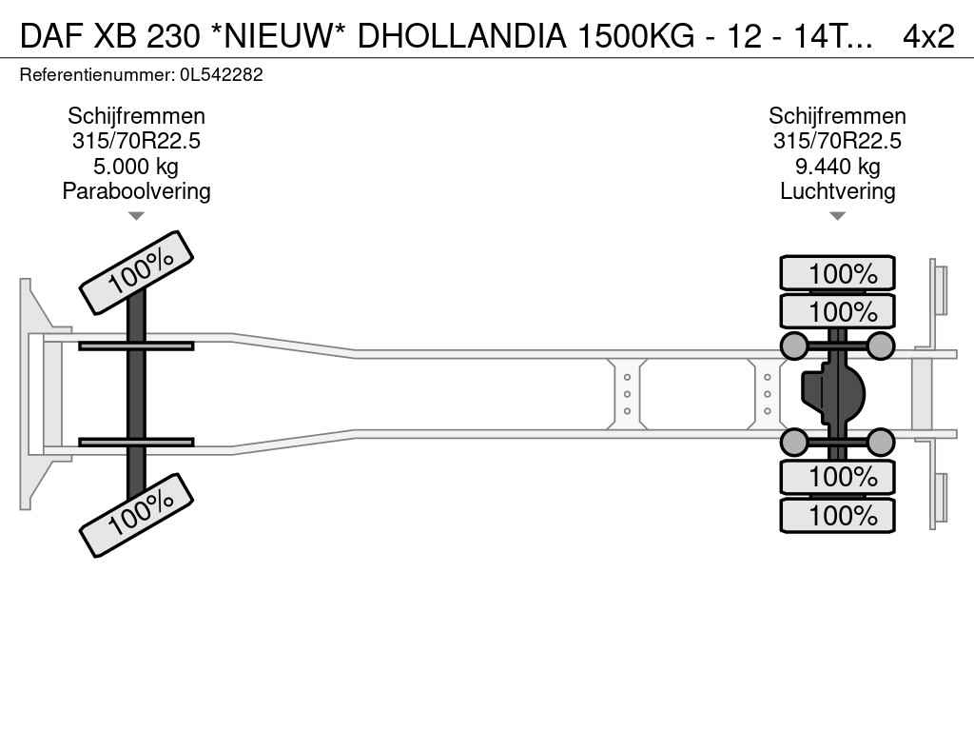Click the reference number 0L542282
tap(221, 75)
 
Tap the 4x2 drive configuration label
tap(928, 36)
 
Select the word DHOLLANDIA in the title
tap(461, 36)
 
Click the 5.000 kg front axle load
tap(136, 167)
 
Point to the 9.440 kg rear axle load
tap(837, 167)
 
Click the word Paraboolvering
tap(136, 191)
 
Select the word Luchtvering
tap(837, 191)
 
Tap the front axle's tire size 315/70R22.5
tap(136, 141)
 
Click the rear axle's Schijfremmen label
tap(837, 116)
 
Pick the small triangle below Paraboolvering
tap(136, 216)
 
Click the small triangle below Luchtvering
tap(837, 216)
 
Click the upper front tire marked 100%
tap(137, 272)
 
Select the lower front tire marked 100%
tap(137, 515)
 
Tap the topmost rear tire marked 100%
tap(837, 273)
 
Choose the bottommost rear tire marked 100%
tap(837, 515)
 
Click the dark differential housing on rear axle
tap(832, 394)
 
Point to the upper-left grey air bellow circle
tap(794, 346)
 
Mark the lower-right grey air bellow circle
tap(880, 443)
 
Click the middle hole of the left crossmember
tap(627, 394)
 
